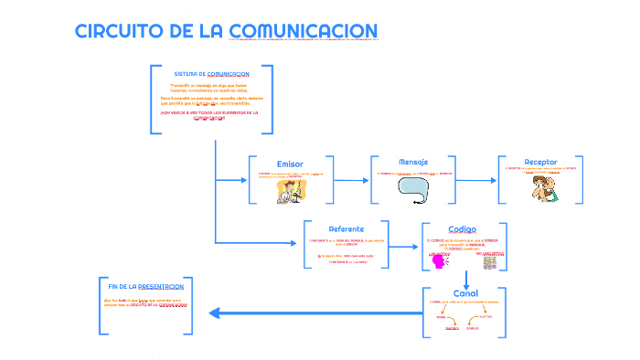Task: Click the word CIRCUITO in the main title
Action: (120, 31)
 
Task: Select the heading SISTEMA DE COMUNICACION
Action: (211, 74)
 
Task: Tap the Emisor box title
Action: (290, 164)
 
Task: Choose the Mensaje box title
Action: (413, 162)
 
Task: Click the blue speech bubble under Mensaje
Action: (413, 186)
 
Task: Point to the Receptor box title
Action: (540, 162)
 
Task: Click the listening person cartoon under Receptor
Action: (540, 186)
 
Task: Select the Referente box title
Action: (346, 228)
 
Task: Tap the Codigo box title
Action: (462, 228)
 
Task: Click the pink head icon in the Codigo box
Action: (439, 261)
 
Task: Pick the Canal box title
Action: (465, 293)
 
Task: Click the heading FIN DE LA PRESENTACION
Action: (146, 287)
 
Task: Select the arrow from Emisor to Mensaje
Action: (352, 179)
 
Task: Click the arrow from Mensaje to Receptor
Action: (475, 179)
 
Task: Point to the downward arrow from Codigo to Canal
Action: (465, 278)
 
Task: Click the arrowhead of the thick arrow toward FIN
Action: (215, 313)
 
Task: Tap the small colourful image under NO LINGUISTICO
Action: (490, 262)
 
